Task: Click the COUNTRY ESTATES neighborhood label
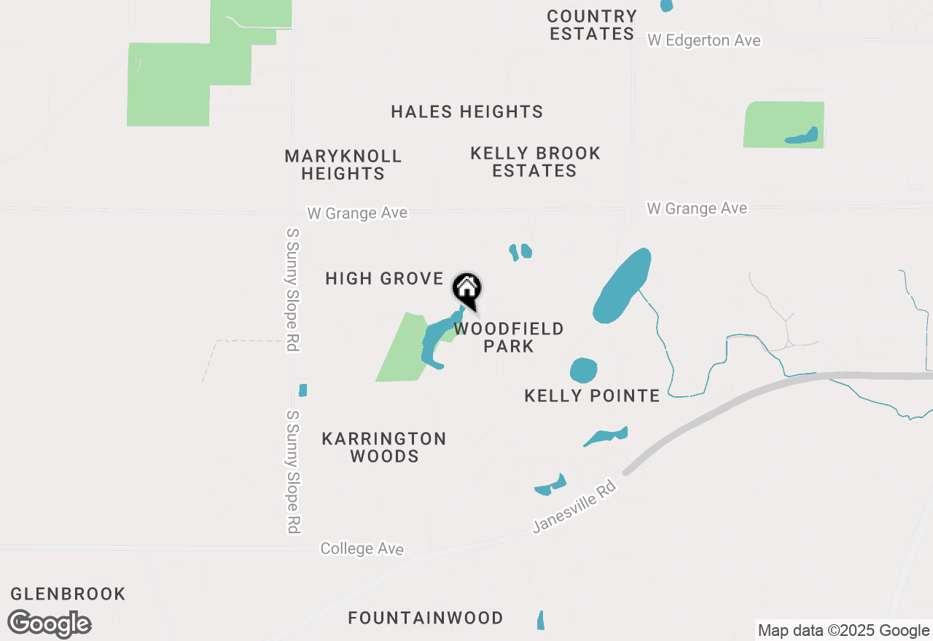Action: pyautogui.click(x=593, y=25)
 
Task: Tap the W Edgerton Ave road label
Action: pyautogui.click(x=703, y=41)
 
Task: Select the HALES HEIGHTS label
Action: pyautogui.click(x=466, y=111)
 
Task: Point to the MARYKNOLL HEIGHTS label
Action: pyautogui.click(x=343, y=165)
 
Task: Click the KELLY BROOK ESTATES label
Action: pyautogui.click(x=535, y=162)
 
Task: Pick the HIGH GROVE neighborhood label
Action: pyautogui.click(x=384, y=278)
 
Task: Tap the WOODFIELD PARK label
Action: pyautogui.click(x=509, y=337)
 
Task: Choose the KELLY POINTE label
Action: pyautogui.click(x=592, y=396)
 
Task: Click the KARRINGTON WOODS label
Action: pyautogui.click(x=384, y=447)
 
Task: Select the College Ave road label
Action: pyautogui.click(x=362, y=548)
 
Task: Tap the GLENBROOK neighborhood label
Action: pyautogui.click(x=68, y=594)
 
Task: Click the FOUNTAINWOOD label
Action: pyautogui.click(x=426, y=618)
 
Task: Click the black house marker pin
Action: pyautogui.click(x=466, y=288)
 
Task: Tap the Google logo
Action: pyautogui.click(x=49, y=624)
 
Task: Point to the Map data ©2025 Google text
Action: pyautogui.click(x=843, y=631)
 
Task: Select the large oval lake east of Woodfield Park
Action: pyautogui.click(x=621, y=286)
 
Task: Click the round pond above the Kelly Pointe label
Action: pyautogui.click(x=583, y=370)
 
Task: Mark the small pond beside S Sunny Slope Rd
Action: pyautogui.click(x=302, y=390)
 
